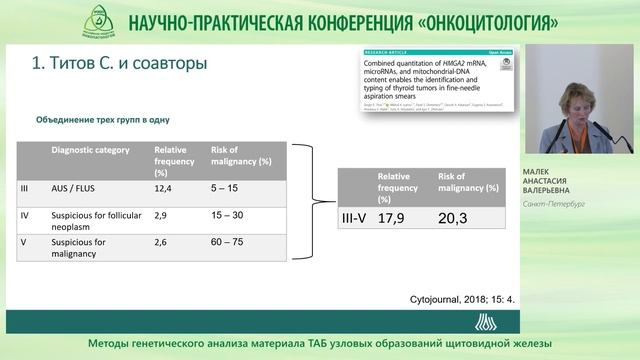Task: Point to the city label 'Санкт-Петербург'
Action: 555,204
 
